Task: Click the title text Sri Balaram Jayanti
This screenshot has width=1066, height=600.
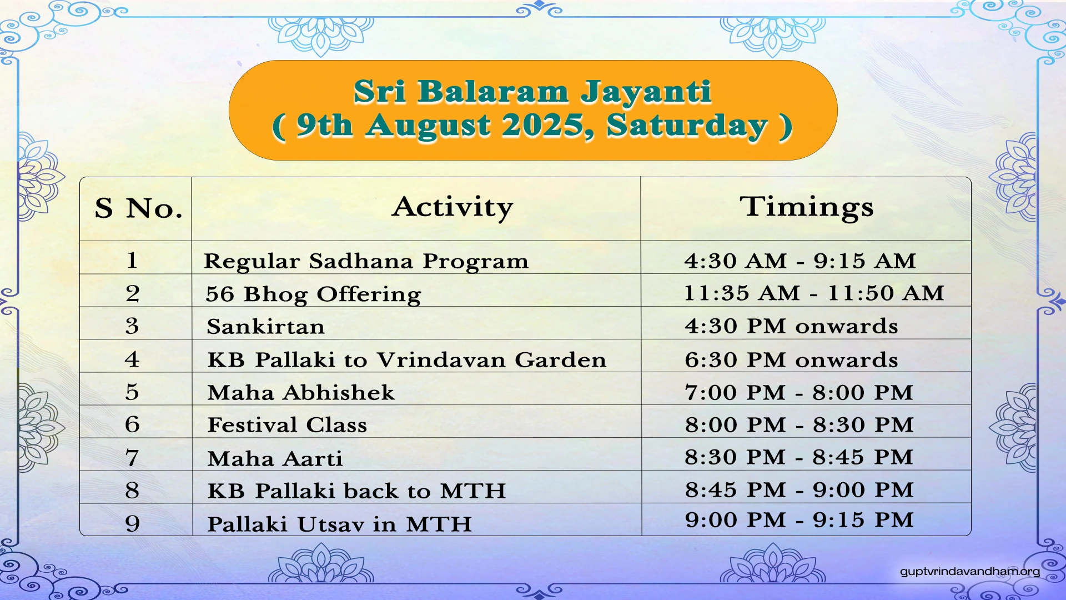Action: (x=532, y=92)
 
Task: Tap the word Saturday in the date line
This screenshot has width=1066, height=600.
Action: (x=687, y=126)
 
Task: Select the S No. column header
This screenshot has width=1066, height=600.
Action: (x=138, y=208)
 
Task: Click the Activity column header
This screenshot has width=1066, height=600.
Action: (x=452, y=207)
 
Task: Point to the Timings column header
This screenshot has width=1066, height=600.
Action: (x=806, y=207)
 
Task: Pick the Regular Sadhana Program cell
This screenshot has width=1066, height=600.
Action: (x=366, y=261)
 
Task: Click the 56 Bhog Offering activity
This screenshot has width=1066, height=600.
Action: (x=313, y=294)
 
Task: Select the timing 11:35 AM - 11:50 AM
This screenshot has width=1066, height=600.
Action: (x=813, y=293)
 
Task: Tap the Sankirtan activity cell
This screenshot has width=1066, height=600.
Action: (x=265, y=327)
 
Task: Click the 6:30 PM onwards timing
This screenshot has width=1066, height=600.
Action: (x=791, y=360)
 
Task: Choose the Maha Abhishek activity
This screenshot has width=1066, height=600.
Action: (x=301, y=393)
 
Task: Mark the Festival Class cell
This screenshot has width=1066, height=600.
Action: (x=287, y=425)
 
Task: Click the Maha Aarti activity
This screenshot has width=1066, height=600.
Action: (x=275, y=459)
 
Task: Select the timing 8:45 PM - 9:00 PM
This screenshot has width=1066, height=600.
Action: (x=798, y=490)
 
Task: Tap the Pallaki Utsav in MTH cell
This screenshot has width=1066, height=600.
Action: (x=339, y=524)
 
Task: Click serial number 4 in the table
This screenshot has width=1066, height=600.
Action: (x=132, y=359)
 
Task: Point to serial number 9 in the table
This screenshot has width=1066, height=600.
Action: (x=132, y=523)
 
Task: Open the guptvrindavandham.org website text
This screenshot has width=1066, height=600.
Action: (x=969, y=571)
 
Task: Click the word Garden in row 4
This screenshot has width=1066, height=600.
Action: (x=560, y=360)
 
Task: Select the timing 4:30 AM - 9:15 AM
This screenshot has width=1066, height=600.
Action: (x=799, y=261)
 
